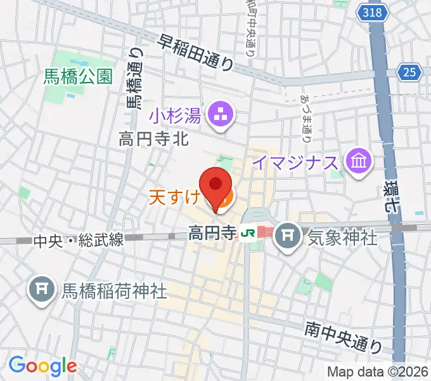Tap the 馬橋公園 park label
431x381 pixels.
coord(78,77)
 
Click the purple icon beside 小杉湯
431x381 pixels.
coord(222,115)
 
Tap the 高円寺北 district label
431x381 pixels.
coord(154,138)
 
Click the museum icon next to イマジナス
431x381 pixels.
coord(358,162)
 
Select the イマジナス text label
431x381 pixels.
coord(295,163)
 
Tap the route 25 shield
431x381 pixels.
coord(411,72)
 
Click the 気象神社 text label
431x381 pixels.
coord(342,238)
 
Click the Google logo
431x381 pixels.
coord(42,366)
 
